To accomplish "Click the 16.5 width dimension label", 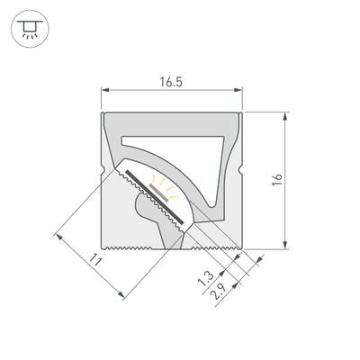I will tap(170, 79).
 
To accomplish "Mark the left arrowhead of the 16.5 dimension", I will tap(103, 90).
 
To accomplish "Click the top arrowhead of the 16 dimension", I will tap(286, 115).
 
